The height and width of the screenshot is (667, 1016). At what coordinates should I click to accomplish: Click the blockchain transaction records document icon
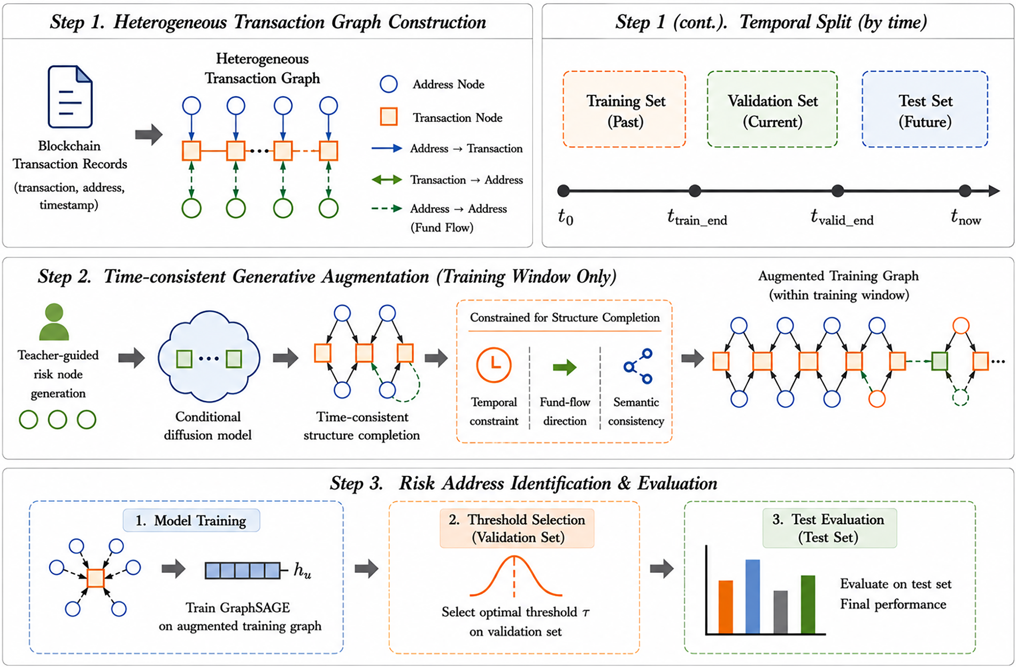click(70, 96)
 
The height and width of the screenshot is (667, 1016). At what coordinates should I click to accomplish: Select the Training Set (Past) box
click(624, 109)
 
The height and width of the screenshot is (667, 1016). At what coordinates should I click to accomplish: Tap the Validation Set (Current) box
click(772, 109)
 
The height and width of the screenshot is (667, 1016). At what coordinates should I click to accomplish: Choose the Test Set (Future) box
click(925, 109)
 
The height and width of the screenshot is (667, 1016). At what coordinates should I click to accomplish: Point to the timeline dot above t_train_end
click(695, 190)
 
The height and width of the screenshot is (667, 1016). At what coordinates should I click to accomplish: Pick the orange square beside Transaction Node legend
click(389, 117)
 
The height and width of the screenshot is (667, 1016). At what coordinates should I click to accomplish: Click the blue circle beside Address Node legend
click(389, 84)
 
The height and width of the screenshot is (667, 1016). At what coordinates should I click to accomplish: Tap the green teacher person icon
click(54, 322)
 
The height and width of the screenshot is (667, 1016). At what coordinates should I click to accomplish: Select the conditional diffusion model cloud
click(209, 357)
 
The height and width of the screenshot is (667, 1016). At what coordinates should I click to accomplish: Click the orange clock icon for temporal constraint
click(494, 365)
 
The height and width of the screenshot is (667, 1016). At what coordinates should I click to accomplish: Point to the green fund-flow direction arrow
click(565, 367)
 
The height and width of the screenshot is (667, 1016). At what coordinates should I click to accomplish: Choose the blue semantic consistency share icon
click(638, 366)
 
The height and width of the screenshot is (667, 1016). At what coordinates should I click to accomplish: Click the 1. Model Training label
click(191, 520)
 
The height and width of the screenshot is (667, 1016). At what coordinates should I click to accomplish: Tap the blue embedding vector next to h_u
click(243, 571)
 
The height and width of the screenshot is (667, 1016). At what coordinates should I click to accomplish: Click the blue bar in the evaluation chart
click(752, 596)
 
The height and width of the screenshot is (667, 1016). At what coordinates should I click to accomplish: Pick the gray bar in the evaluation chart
click(781, 612)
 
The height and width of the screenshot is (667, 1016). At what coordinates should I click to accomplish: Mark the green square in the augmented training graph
click(940, 361)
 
